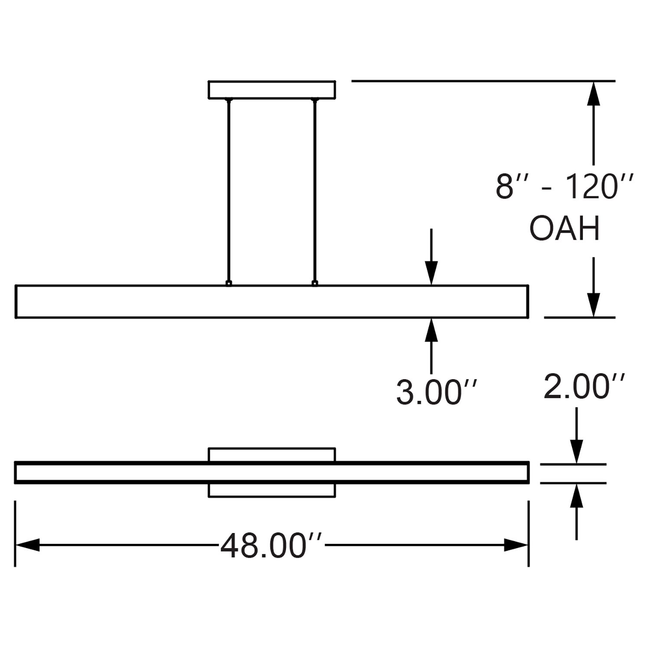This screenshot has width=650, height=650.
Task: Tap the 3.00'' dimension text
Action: coord(436,393)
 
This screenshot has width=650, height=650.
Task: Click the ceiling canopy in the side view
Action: coord(272,90)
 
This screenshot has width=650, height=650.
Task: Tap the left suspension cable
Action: coord(228,191)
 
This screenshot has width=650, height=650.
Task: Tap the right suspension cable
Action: coord(315,191)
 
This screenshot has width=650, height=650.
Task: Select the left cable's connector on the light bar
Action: coord(228,283)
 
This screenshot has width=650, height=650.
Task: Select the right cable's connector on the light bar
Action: coord(315,283)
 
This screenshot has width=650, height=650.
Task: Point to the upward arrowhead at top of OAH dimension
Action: coord(594,93)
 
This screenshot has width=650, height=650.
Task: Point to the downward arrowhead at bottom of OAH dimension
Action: coord(594,305)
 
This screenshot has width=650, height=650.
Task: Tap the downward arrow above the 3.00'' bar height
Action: coord(431,273)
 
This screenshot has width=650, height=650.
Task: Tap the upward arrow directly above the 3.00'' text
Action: coord(431,330)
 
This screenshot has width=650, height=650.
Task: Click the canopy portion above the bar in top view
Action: coord(272,455)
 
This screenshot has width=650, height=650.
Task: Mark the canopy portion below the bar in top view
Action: coord(272,490)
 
